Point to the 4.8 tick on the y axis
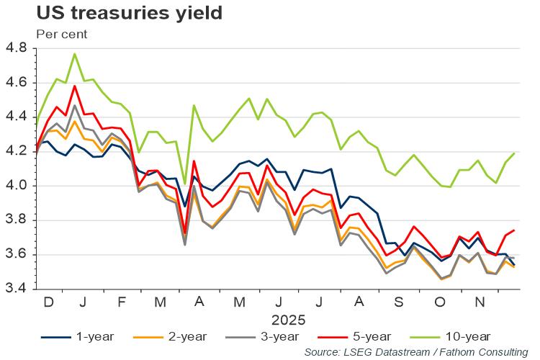[17, 49]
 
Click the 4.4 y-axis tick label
[17, 117]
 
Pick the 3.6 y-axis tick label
[17, 254]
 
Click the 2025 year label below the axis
[289, 318]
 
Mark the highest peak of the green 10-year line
[75, 54]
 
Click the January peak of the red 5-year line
[75, 86]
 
